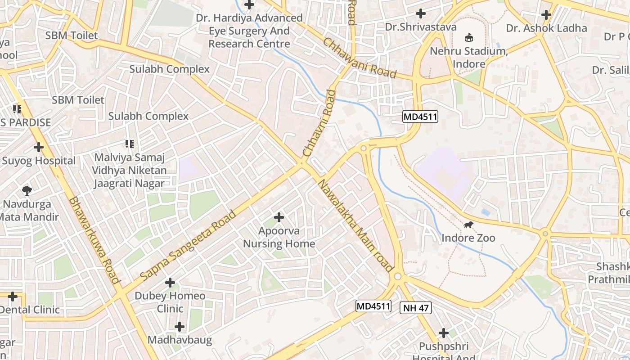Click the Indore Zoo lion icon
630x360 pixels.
tap(468, 225)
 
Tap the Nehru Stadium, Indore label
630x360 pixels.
tap(469, 58)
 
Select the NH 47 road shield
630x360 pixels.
tap(415, 308)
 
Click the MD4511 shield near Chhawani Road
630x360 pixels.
tap(420, 117)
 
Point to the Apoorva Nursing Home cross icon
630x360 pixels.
tap(279, 218)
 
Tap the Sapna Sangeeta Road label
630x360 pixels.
tap(188, 245)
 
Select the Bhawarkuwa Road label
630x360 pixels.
tap(95, 240)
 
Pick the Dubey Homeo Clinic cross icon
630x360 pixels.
tap(170, 283)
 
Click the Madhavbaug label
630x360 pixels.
tap(180, 340)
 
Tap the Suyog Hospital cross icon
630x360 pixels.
tap(39, 147)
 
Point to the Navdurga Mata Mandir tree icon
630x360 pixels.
tap(27, 191)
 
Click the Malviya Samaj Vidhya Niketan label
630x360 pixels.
tap(129, 171)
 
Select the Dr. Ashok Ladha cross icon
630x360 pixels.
tap(546, 15)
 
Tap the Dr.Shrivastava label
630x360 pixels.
tap(420, 27)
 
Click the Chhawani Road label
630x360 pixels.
tap(360, 58)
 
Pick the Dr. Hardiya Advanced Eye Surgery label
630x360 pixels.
tap(249, 31)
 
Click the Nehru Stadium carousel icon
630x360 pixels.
tap(469, 37)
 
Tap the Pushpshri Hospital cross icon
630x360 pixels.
tap(444, 333)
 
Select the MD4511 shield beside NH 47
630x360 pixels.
tap(373, 306)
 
